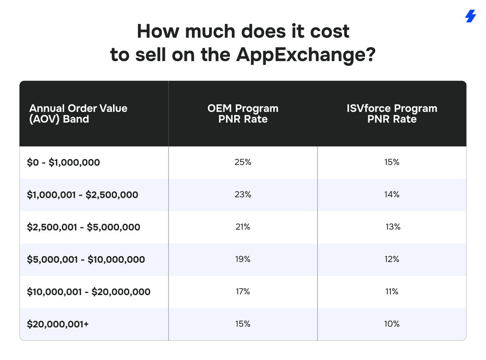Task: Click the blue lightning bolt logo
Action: [470, 17]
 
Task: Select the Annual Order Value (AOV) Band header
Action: [78, 113]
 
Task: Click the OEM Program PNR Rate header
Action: [243, 113]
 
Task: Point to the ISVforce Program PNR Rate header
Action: [392, 113]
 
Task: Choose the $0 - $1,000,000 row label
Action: [64, 162]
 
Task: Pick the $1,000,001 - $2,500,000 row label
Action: [83, 195]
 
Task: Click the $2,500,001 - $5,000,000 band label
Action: [84, 227]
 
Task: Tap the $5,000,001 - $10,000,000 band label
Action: [86, 260]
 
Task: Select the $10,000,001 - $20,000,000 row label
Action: [89, 292]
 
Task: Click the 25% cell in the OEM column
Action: [243, 162]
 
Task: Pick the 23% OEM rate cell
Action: [243, 195]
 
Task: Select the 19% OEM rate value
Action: [243, 259]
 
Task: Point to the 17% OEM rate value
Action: [243, 291]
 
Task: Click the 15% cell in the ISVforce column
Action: [392, 162]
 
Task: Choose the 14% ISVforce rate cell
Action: [392, 195]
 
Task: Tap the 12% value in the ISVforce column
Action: [392, 259]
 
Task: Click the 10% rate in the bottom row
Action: [392, 324]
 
